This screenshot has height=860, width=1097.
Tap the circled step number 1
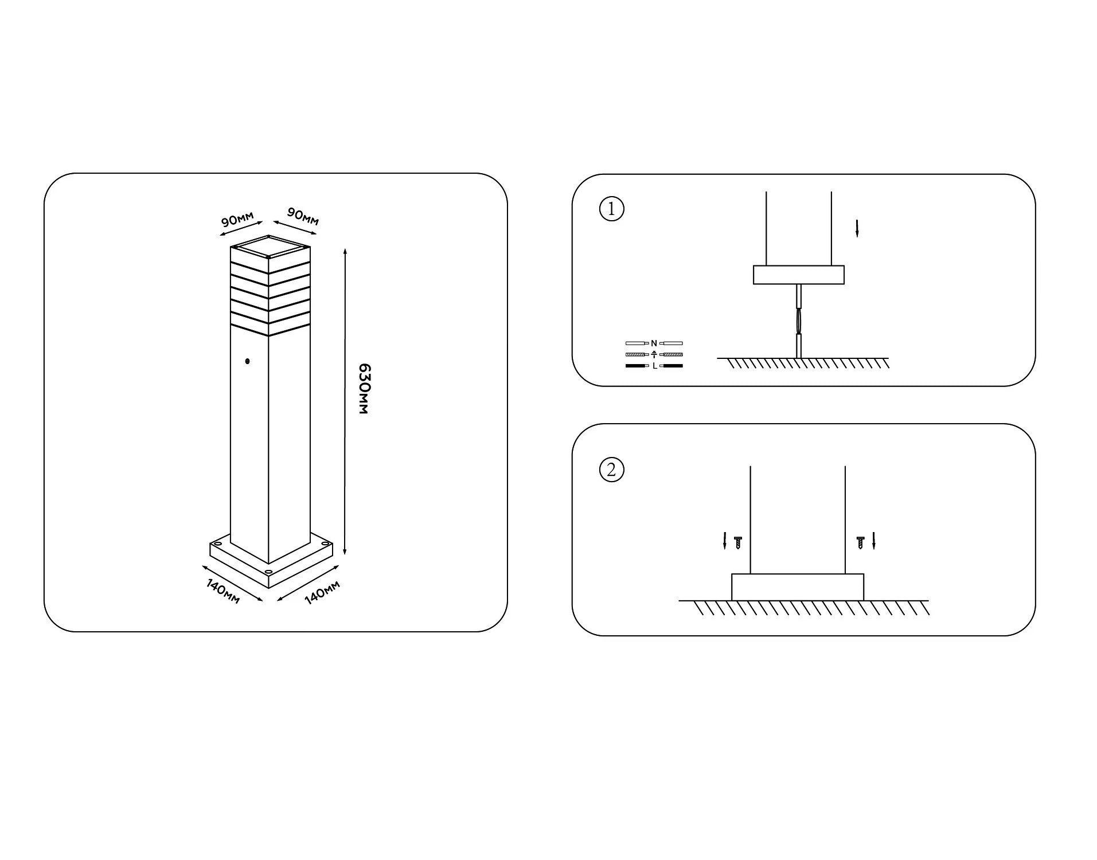[611, 209]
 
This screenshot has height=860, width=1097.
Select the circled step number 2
[611, 470]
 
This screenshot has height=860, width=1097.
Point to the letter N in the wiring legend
[654, 343]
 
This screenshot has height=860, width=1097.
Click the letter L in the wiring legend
[654, 366]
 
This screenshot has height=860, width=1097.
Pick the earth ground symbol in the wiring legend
[654, 354]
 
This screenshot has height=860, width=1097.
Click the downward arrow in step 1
[857, 228]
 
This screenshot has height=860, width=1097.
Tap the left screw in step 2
[738, 542]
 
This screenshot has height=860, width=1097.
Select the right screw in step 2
[860, 542]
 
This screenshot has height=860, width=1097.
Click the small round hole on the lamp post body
[247, 361]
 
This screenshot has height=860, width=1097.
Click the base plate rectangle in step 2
[798, 587]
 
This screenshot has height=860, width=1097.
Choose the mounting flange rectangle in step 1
[798, 275]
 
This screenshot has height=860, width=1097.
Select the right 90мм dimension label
[303, 217]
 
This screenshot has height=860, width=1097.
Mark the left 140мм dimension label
[223, 591]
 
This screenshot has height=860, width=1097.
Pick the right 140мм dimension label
[322, 592]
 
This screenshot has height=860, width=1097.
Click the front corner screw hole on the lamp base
[268, 572]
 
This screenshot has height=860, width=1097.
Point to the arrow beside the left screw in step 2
[725, 541]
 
